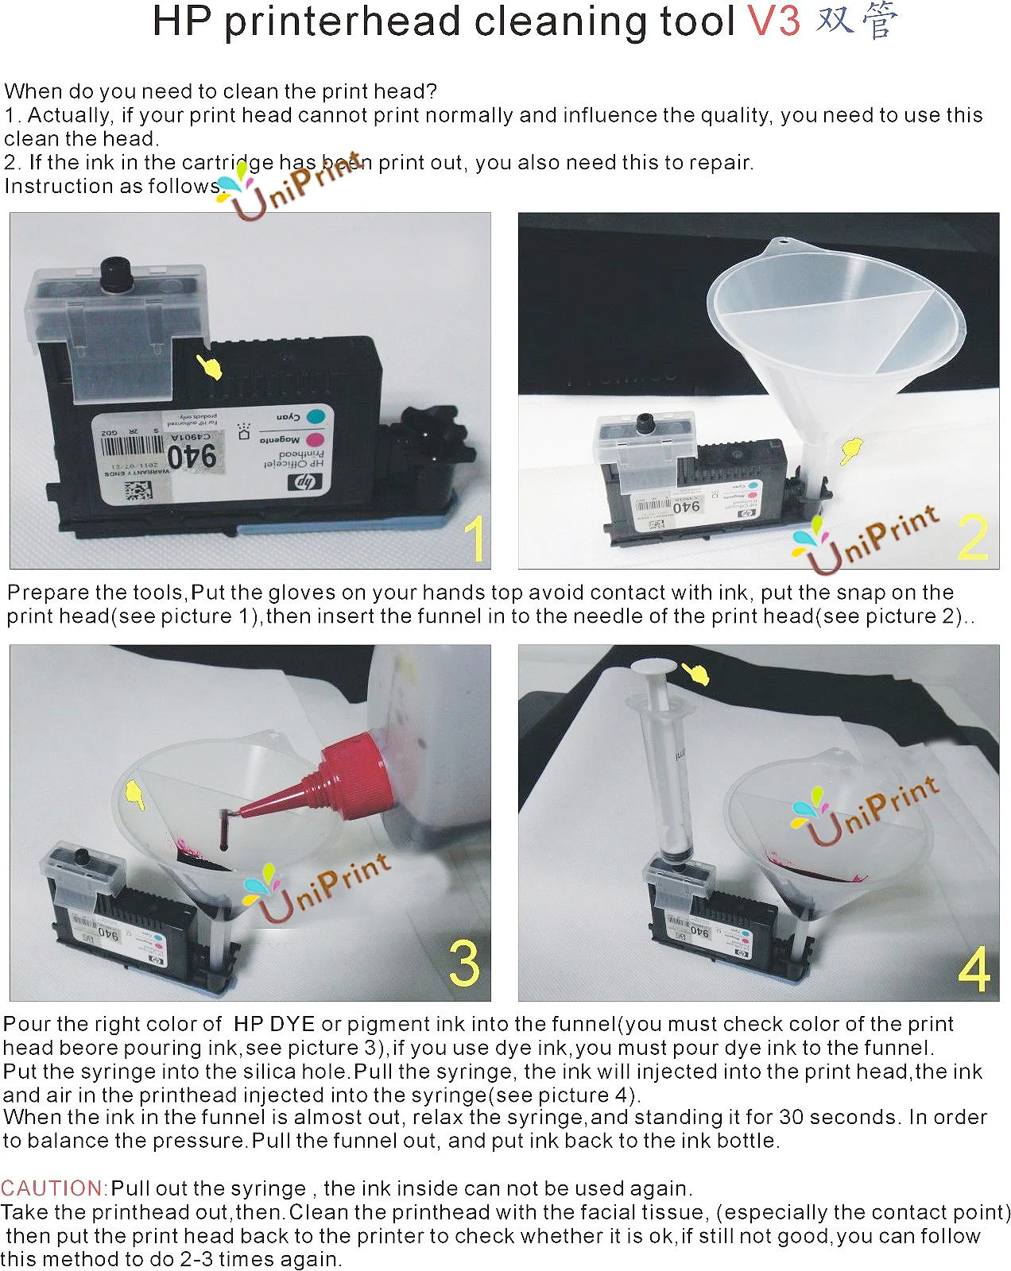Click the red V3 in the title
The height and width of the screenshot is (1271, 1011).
[773, 21]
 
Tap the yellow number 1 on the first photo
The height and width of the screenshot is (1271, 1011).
[475, 539]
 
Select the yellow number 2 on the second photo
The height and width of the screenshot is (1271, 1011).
[973, 537]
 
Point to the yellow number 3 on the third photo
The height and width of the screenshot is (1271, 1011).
[465, 963]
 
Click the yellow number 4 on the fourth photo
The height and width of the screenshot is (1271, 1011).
[974, 968]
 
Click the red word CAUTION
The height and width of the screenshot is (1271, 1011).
[53, 1188]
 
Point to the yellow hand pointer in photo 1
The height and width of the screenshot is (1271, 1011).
[210, 367]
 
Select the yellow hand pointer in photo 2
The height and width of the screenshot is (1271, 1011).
[851, 450]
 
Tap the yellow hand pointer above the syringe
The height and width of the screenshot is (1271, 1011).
[697, 674]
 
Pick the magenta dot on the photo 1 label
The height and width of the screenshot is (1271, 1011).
[313, 439]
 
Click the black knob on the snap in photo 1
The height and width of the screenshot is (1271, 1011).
[117, 274]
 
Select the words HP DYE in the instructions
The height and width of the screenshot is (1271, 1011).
[274, 1024]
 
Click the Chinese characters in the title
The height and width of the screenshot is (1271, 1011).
[857, 21]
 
